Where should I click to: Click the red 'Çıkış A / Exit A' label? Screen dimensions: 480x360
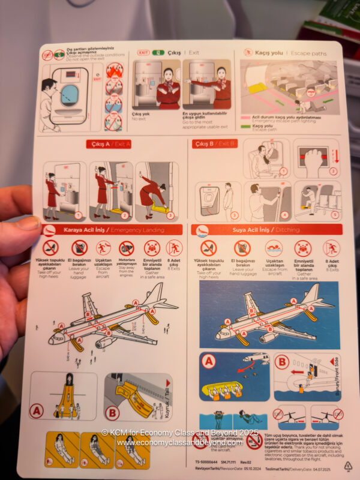pyautogui.click(x=108, y=143)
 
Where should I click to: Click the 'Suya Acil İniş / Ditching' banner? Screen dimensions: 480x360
pyautogui.click(x=266, y=229)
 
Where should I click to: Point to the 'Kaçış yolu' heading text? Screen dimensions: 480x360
pyautogui.click(x=269, y=53)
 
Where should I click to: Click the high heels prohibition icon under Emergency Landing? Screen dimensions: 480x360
pyautogui.click(x=51, y=247)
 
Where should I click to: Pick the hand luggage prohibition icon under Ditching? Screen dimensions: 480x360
pyautogui.click(x=242, y=247)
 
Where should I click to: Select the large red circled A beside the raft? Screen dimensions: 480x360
pyautogui.click(x=209, y=362)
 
